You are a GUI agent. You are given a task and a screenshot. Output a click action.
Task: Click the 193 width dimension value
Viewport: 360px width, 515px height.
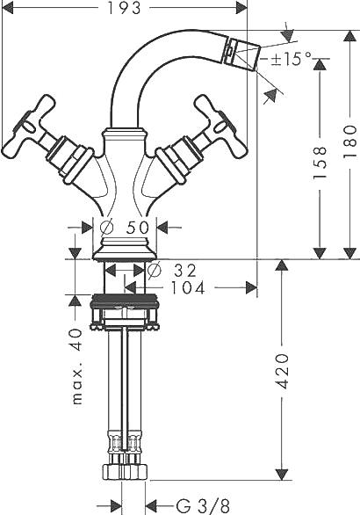(x=124, y=8)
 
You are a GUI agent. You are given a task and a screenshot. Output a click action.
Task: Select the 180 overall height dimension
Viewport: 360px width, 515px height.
(x=349, y=141)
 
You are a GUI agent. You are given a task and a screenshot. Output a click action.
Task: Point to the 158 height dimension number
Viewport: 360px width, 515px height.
(x=320, y=163)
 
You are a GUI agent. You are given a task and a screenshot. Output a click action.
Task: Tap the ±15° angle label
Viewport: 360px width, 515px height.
(x=292, y=59)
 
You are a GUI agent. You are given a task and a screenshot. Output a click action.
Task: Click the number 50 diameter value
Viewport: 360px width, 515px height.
(x=138, y=228)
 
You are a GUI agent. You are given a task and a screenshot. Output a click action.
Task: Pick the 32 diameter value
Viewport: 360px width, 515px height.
(x=185, y=271)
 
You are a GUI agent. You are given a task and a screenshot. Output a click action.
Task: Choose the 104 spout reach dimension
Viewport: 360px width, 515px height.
(x=188, y=288)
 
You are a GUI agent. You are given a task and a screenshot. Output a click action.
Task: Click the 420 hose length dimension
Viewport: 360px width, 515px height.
(x=282, y=371)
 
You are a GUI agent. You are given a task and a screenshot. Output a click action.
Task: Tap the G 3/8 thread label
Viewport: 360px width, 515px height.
(x=203, y=506)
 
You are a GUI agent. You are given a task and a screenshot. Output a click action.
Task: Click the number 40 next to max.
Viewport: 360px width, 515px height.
(x=77, y=339)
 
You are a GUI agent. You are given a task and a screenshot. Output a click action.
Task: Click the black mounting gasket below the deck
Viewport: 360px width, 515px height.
(x=125, y=301)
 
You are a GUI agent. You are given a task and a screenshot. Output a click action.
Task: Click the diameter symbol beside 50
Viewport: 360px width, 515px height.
(x=107, y=228)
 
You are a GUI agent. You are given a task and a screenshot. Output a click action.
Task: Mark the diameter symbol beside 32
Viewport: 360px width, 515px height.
(x=155, y=271)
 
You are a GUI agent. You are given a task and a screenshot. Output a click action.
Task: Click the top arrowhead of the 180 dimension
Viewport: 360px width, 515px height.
(x=349, y=36)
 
